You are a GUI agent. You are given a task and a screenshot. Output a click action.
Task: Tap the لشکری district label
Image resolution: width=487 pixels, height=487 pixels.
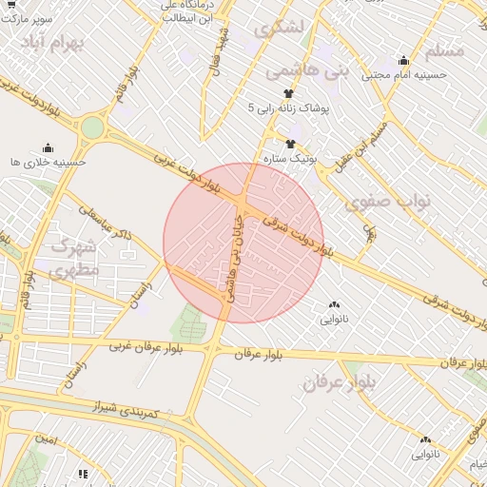pyautogui.click(x=286, y=29)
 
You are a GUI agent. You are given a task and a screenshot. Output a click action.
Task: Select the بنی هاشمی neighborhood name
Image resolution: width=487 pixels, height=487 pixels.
pyautogui.click(x=295, y=70)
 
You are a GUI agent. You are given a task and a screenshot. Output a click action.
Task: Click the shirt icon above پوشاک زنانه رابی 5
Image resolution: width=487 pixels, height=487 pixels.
pyautogui.click(x=289, y=94)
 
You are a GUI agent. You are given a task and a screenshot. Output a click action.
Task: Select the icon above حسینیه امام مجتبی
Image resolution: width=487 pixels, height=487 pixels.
pyautogui.click(x=403, y=60)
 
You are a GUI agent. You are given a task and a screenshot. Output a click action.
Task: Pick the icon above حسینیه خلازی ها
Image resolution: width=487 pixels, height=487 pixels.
pyautogui.click(x=48, y=147)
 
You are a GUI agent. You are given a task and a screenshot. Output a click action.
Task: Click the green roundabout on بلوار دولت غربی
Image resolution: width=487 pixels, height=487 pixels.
pyautogui.click(x=92, y=127)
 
